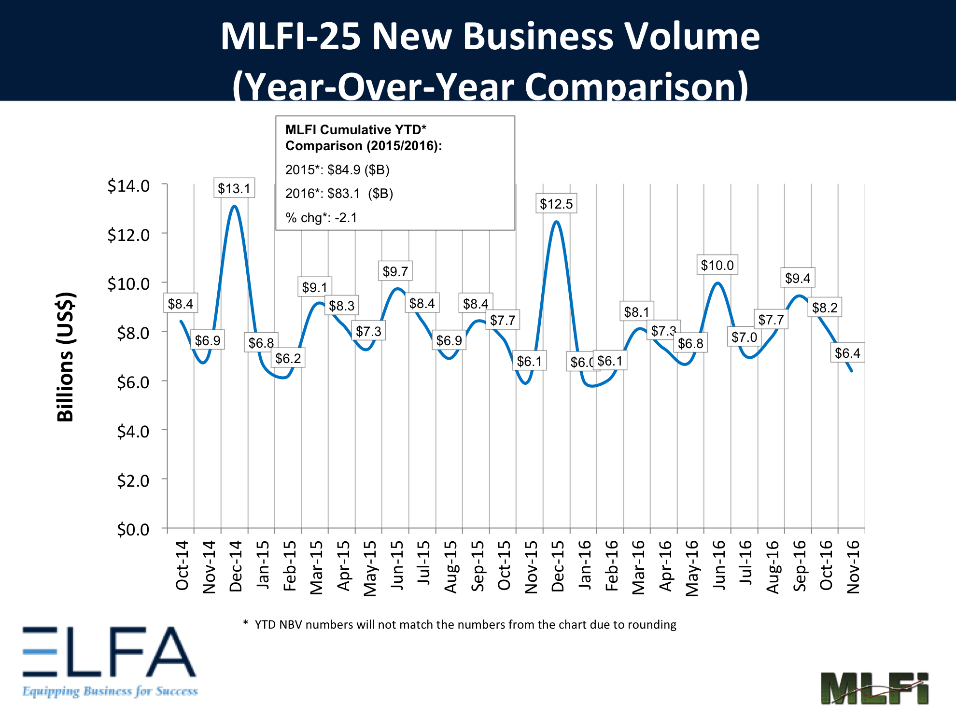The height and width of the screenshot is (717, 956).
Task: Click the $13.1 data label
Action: tap(234, 188)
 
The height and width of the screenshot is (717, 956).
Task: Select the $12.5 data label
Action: tap(556, 204)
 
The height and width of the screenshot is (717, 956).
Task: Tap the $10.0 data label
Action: tap(717, 265)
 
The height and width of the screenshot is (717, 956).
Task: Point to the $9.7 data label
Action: tap(395, 271)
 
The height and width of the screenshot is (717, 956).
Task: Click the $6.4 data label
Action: tap(847, 353)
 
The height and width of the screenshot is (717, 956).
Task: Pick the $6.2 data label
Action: tap(288, 358)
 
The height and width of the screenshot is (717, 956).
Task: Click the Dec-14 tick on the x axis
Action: tap(236, 566)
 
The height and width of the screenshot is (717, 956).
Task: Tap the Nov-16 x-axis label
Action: tap(853, 566)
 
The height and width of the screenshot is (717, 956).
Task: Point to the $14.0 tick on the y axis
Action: tap(128, 185)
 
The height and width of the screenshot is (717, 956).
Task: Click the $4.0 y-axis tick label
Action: tap(133, 431)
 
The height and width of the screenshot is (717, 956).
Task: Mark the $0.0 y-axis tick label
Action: tap(133, 529)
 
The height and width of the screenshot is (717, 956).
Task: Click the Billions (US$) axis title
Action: tap(65, 357)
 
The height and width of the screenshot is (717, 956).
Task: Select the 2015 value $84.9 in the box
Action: tap(343, 169)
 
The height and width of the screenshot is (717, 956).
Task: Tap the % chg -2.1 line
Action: tap(321, 218)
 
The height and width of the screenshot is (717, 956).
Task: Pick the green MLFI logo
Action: tap(874, 688)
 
